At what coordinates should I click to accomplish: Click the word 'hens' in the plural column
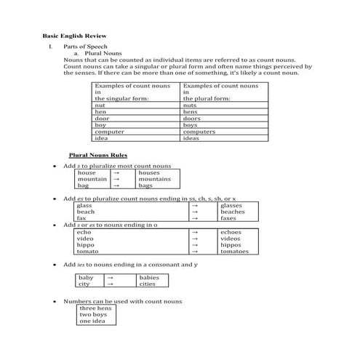(190, 112)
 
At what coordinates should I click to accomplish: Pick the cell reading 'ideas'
(191, 137)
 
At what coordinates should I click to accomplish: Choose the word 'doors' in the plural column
(191, 119)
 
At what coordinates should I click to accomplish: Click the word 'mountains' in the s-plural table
(154, 179)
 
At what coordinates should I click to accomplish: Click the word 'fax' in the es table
(81, 218)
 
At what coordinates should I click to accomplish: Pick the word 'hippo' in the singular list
(86, 244)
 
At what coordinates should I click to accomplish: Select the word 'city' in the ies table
(84, 284)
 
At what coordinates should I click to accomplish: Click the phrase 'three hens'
(95, 308)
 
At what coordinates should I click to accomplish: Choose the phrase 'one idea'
(92, 321)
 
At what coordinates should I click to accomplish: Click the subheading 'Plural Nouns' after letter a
(103, 54)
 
